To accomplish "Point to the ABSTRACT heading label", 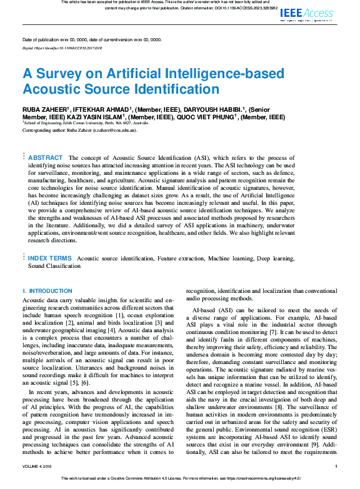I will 46,158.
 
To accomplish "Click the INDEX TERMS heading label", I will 49,258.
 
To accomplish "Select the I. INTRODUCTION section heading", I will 47,291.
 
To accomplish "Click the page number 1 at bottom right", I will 336,467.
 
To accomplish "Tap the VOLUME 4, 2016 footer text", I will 39,467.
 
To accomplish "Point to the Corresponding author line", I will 79,131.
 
